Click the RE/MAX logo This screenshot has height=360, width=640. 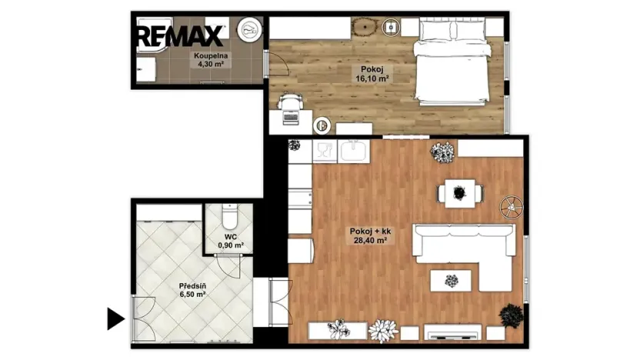(180, 36)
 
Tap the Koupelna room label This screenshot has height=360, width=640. (211, 55)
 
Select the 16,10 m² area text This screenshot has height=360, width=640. (372, 78)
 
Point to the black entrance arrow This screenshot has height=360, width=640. (116, 318)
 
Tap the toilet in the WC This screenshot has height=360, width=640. (229, 217)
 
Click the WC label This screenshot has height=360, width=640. (231, 237)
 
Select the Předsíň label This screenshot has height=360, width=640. (192, 286)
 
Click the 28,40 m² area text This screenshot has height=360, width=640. (370, 241)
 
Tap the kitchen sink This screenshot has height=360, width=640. (354, 151)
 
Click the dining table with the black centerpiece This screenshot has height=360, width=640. (460, 193)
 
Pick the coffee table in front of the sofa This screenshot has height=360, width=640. (451, 281)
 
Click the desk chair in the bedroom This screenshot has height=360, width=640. (291, 101)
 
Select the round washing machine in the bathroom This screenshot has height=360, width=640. (249, 29)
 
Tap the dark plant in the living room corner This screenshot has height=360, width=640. (511, 315)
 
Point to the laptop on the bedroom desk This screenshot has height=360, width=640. (291, 118)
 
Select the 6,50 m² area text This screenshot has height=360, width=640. (192, 294)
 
